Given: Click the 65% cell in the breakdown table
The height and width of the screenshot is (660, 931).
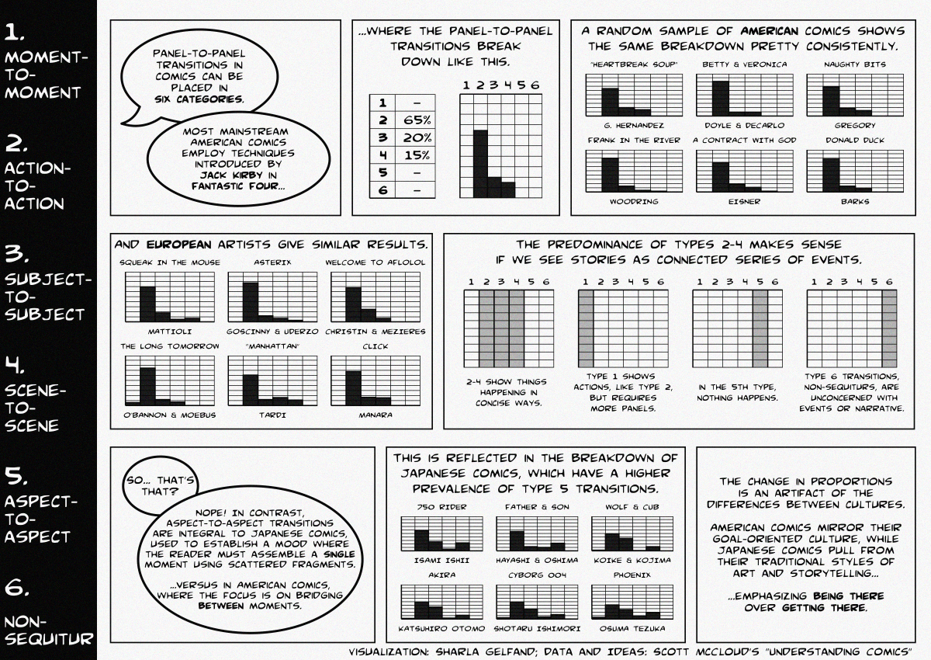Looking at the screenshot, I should click(x=417, y=120).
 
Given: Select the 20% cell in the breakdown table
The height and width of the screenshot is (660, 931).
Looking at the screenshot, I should click(x=417, y=137).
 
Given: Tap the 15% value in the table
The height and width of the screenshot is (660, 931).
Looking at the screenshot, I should click(x=417, y=155).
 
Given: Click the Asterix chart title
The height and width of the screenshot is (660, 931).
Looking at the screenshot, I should click(x=272, y=262).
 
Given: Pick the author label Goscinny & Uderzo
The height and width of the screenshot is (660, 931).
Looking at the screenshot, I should click(x=272, y=332).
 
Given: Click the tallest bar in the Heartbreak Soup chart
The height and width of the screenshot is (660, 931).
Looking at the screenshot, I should click(x=610, y=102).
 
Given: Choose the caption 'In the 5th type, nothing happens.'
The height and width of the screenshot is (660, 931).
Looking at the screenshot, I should click(x=738, y=392).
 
